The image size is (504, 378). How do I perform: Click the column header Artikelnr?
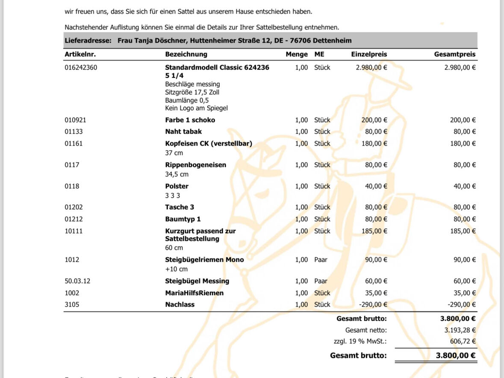(80, 54)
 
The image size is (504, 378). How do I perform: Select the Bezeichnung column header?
(186, 54)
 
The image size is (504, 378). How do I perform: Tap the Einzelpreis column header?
(369, 54)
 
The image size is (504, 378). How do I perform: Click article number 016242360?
(81, 67)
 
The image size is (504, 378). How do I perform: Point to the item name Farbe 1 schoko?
(190, 120)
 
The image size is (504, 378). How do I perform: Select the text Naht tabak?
(183, 132)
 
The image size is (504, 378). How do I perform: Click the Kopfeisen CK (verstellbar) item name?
(209, 144)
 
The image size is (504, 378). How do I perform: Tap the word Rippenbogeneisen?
(195, 165)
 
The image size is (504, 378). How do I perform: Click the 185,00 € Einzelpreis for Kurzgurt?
(374, 231)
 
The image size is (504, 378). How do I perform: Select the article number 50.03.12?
(77, 281)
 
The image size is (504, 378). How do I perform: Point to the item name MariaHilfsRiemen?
(194, 293)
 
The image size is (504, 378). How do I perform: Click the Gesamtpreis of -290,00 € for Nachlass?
(461, 305)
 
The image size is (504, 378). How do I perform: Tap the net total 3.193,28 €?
(460, 330)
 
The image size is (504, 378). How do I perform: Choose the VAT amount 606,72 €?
(463, 341)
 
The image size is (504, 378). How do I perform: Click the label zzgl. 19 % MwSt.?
(360, 341)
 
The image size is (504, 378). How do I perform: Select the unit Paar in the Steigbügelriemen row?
(321, 260)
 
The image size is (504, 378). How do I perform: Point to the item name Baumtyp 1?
(183, 219)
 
